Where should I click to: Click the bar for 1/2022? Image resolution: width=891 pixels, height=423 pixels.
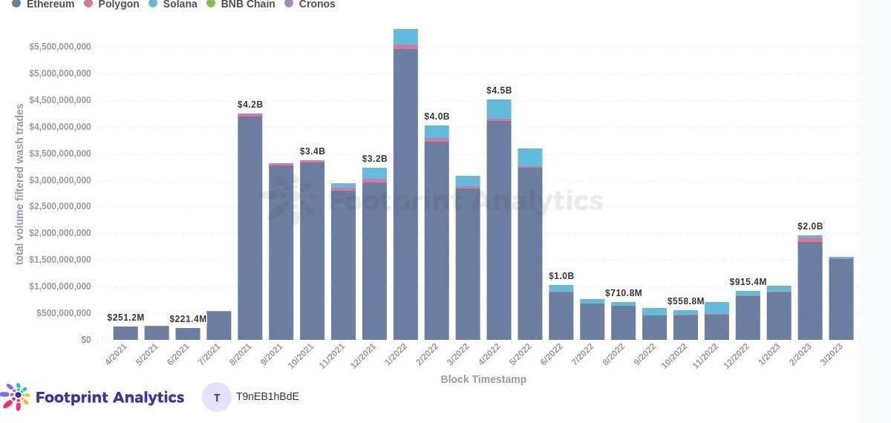(405, 193)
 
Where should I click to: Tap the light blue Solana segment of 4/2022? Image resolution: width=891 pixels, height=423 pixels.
(499, 108)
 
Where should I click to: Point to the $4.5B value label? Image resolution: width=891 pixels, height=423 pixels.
(499, 91)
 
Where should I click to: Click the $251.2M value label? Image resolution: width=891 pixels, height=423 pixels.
(125, 318)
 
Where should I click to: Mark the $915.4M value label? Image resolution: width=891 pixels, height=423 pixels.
(748, 282)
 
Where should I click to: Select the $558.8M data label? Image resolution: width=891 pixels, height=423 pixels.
(685, 301)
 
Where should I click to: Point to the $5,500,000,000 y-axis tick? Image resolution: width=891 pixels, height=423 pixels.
(60, 47)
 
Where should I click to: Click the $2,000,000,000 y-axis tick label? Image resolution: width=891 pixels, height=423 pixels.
(60, 233)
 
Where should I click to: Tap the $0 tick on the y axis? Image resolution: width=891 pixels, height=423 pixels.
(86, 340)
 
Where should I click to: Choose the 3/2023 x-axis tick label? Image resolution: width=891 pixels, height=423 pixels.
(837, 355)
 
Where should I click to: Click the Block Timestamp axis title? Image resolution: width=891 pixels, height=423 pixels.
(483, 379)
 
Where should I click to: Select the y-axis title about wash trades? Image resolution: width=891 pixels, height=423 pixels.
(20, 184)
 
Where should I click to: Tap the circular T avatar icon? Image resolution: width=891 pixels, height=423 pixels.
(217, 397)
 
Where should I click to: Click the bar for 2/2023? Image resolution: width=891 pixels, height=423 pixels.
(810, 289)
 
